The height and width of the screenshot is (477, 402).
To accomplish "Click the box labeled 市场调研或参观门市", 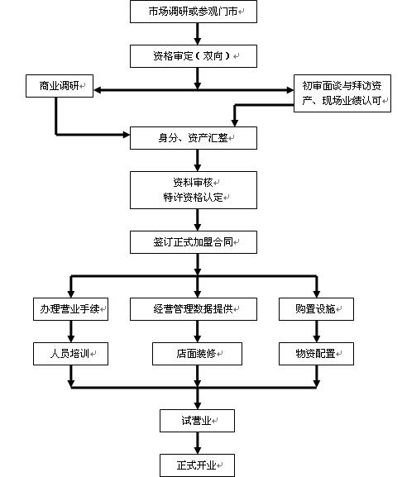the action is coord(194,12).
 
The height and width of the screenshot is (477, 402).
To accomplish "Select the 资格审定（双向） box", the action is coord(194,56).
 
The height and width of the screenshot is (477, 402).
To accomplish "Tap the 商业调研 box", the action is coord(60,86).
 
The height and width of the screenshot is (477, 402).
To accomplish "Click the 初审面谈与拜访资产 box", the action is coord(342,93).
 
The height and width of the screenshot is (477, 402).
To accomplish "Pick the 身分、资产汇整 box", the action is coord(194,138).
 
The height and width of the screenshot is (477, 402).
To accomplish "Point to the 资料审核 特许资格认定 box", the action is coord(194,190).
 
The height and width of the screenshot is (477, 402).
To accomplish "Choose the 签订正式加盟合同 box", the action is coord(194,242).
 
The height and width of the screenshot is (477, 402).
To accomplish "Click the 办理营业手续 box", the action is coord(70,309).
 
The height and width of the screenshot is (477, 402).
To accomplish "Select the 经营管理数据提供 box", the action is coord(194,309).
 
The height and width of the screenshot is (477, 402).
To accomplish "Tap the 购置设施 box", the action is coord(316,309).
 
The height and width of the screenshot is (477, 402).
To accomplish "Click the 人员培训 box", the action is coord(70,354).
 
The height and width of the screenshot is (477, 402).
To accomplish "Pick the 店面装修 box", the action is coord(197,354).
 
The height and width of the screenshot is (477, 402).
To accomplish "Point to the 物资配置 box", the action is coord(316,354).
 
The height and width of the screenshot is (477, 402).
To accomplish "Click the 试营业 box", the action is coord(197,421).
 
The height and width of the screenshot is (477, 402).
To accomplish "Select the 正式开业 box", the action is coord(197,465).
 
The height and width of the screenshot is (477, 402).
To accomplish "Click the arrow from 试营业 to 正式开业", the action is coord(198,443).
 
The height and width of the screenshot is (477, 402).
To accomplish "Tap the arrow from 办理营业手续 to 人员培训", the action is coord(71,332).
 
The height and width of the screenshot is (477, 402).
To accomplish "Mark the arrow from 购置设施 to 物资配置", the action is coord(317,332).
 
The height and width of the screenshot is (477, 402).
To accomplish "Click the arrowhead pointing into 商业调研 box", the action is coord(98,90).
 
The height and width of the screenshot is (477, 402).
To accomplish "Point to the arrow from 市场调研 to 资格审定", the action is coord(198,34).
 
